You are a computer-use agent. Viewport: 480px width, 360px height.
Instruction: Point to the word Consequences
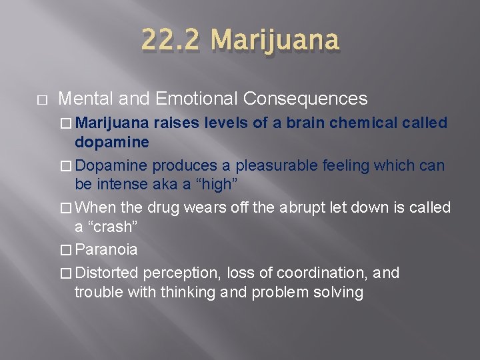[305, 99]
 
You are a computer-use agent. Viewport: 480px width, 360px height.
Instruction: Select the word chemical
[364, 123]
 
